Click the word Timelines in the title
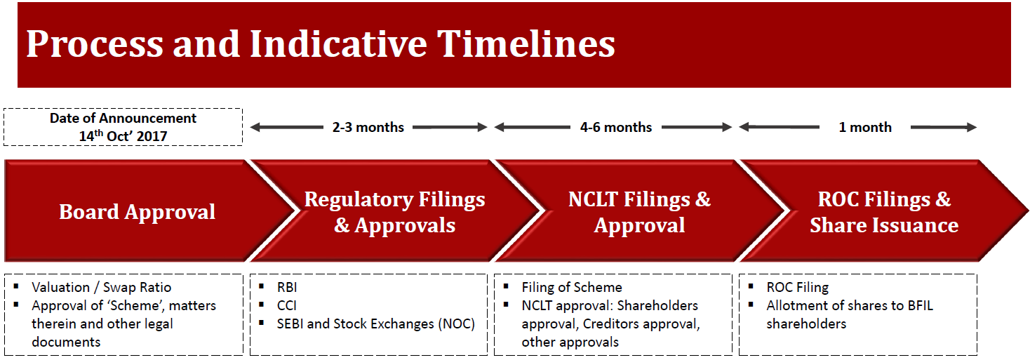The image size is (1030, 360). [x=526, y=44]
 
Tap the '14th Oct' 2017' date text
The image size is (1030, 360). [x=123, y=136]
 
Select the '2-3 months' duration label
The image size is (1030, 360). [x=368, y=127]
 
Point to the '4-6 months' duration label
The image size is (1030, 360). [x=616, y=127]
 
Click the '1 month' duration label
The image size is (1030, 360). [x=865, y=127]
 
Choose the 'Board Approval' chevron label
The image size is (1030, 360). [x=137, y=212]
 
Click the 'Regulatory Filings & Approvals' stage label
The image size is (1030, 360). [x=394, y=212]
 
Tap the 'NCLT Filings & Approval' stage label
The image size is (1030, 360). [x=640, y=212]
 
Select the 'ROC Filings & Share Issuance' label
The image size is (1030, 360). [x=884, y=212]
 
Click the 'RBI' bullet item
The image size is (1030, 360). [x=287, y=287]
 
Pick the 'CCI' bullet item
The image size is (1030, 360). [x=286, y=306]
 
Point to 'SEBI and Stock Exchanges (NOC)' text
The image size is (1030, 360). [x=375, y=324]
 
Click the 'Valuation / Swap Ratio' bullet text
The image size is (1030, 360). [x=102, y=287]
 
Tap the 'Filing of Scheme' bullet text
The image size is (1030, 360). [x=572, y=287]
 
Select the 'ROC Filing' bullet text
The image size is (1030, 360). [x=797, y=287]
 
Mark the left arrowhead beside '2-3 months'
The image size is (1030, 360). [x=255, y=127]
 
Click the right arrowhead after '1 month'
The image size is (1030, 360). [x=971, y=127]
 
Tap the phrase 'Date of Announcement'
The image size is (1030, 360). [x=123, y=118]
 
